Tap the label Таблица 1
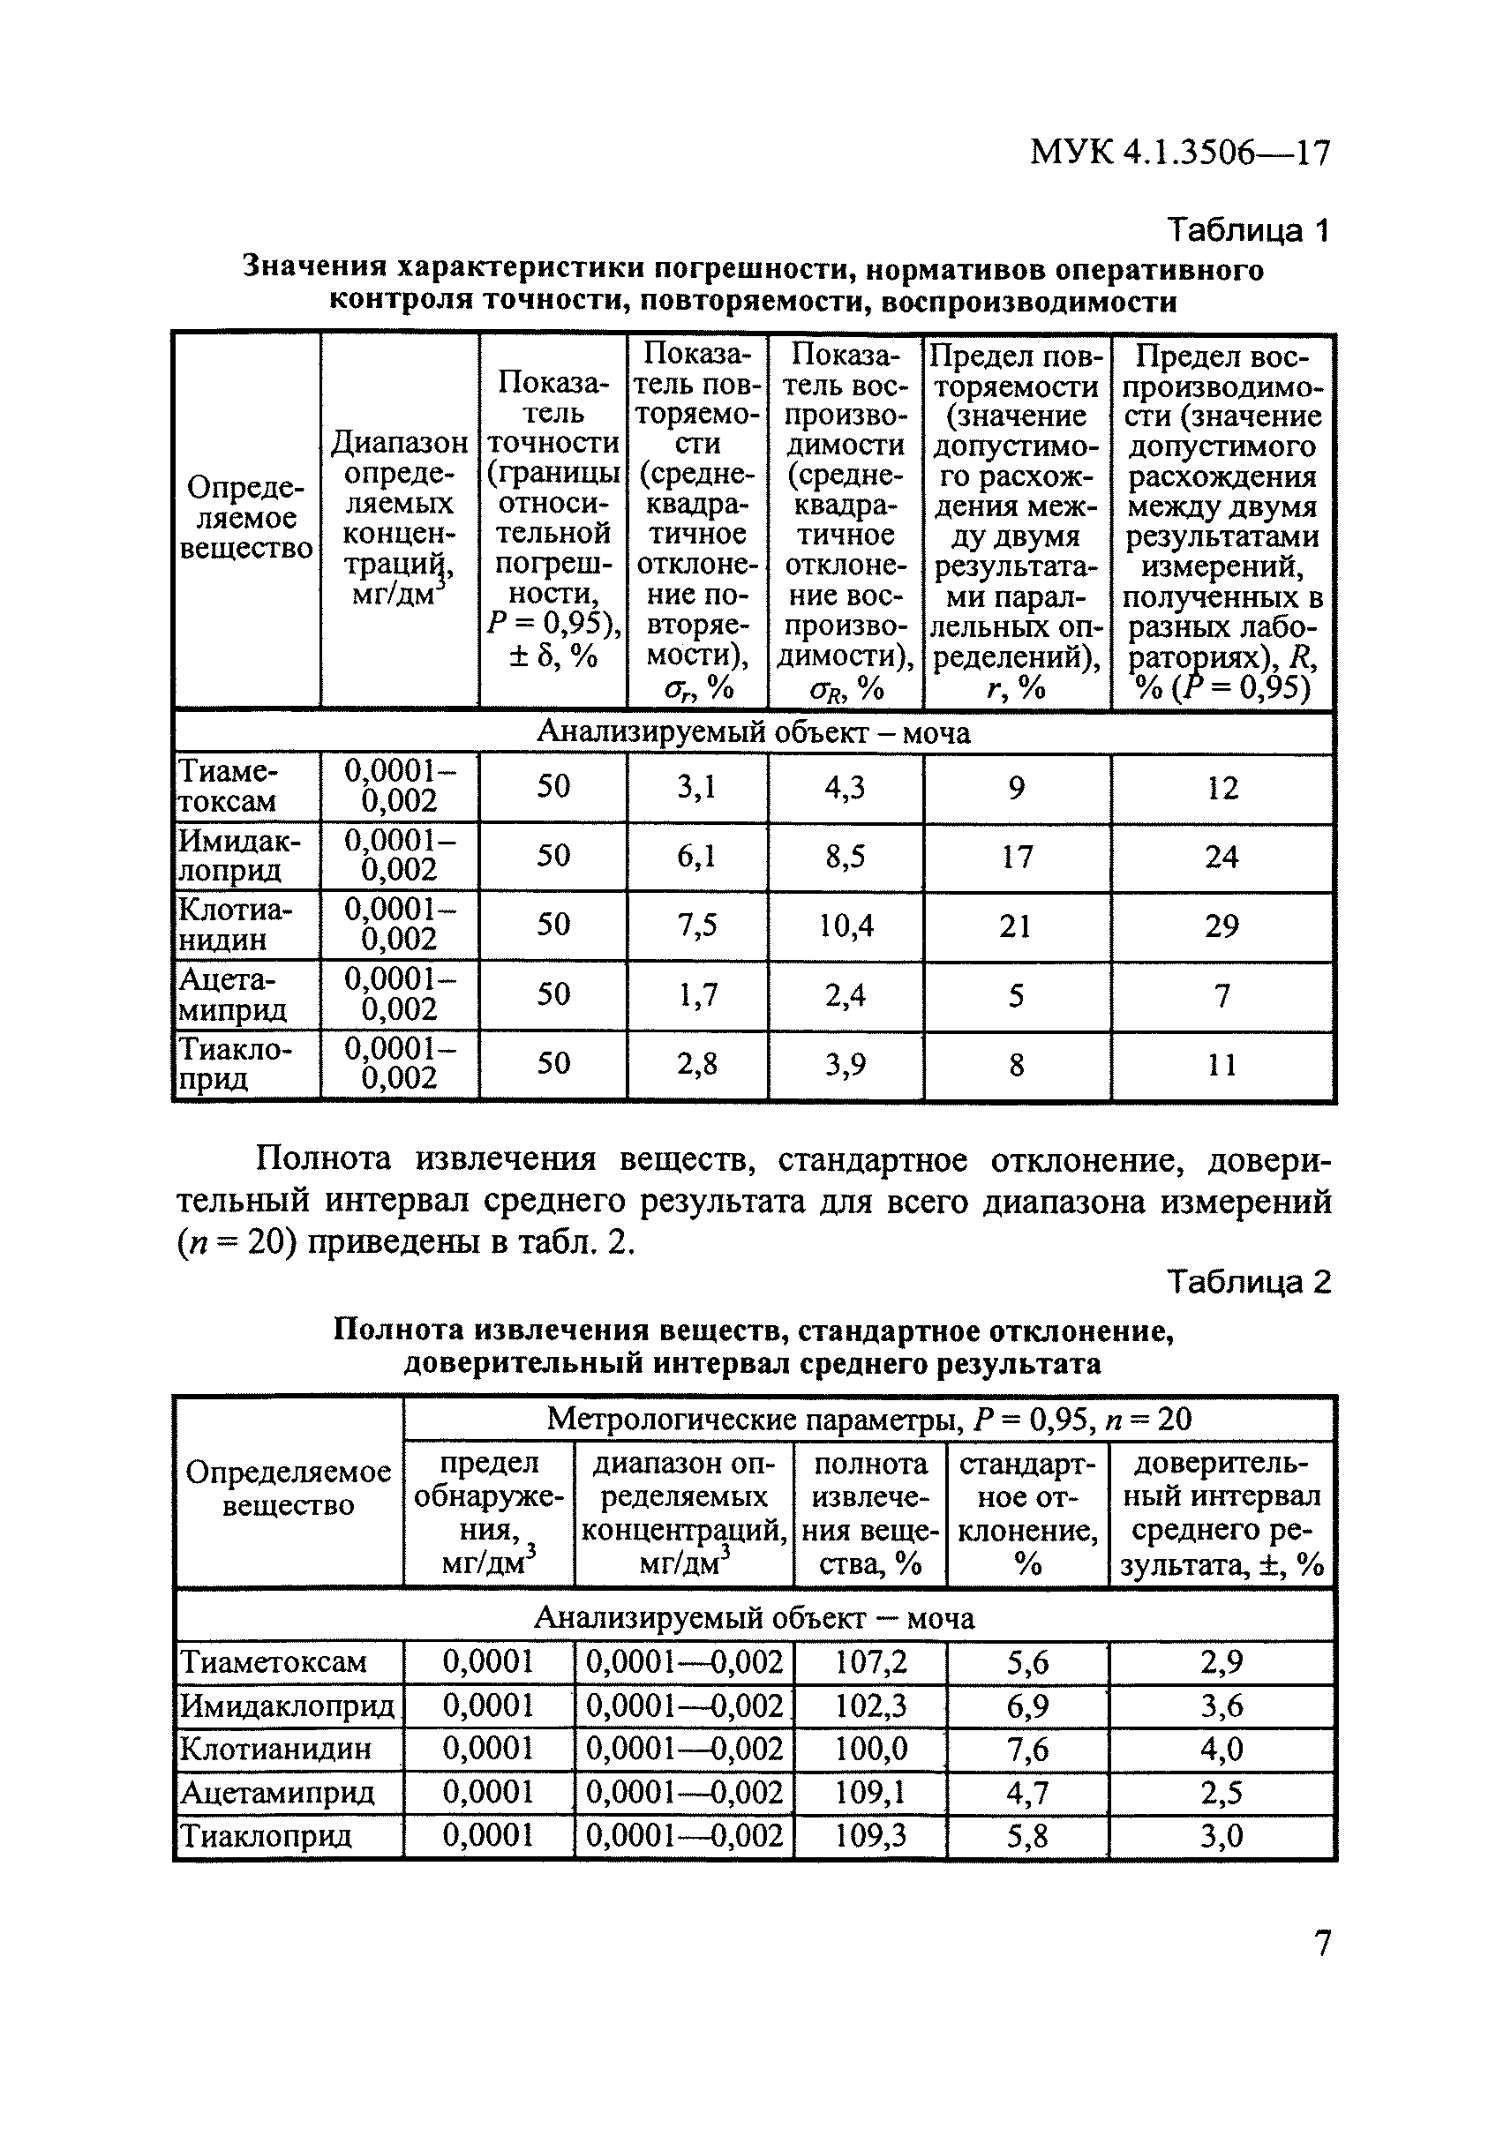[x=1248, y=229]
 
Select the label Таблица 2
[x=1248, y=1283]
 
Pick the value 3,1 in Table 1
[x=696, y=788]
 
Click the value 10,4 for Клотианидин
[x=845, y=926]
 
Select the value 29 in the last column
[x=1221, y=926]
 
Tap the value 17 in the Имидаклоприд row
[x=1016, y=856]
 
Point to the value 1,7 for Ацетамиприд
[x=696, y=995]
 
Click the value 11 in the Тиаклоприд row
[x=1221, y=1064]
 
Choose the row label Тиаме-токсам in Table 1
[x=228, y=786]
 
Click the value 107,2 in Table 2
[x=870, y=1661]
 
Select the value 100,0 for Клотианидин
[x=870, y=1749]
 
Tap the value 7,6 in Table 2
[x=1026, y=1749]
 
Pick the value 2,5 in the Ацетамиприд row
[x=1221, y=1793]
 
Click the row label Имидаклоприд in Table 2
[x=288, y=1705]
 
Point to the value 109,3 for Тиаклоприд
[x=870, y=1835]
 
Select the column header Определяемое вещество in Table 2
[x=289, y=1488]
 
